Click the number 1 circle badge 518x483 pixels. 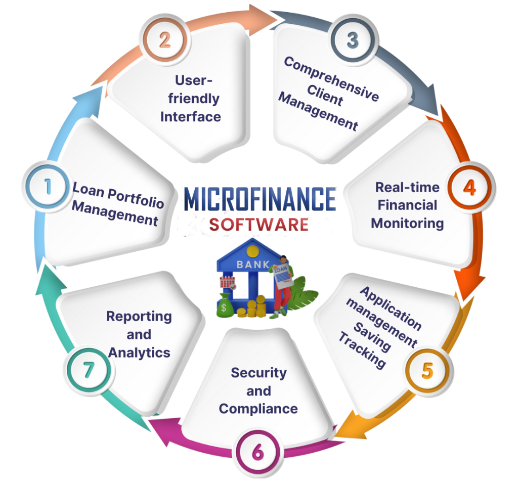click(x=48, y=186)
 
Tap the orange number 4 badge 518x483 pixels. click(x=470, y=187)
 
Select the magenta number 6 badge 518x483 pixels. click(x=257, y=452)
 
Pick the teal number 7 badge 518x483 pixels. click(x=89, y=370)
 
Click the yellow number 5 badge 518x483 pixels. click(x=427, y=370)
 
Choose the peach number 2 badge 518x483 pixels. click(x=164, y=39)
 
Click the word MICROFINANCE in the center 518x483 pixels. click(x=260, y=199)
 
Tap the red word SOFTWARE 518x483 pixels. click(x=258, y=225)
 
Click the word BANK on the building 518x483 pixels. click(x=253, y=265)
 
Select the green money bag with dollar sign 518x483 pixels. click(x=225, y=305)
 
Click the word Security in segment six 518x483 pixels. click(x=258, y=373)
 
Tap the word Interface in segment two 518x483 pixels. click(x=191, y=117)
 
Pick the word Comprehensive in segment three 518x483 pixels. click(x=331, y=78)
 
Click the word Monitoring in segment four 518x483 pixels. click(x=407, y=224)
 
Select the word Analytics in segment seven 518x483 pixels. click(x=139, y=353)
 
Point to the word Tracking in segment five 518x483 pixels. click(x=362, y=350)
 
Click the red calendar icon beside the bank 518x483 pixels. click(x=227, y=282)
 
